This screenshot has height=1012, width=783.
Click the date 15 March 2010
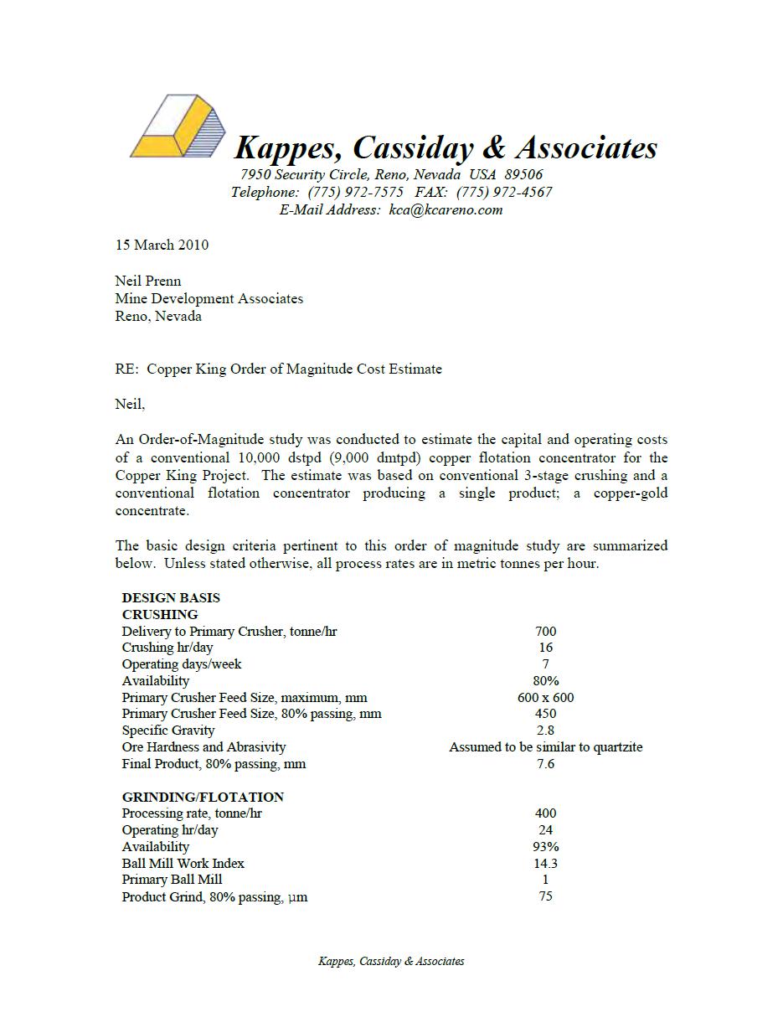(x=162, y=245)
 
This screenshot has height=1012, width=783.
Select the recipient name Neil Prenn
(x=148, y=281)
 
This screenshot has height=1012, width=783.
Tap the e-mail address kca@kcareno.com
(x=446, y=210)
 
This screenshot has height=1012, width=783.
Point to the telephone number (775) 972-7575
(x=355, y=193)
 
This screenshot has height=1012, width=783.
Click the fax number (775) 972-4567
(x=504, y=193)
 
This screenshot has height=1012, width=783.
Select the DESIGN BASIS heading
(x=171, y=598)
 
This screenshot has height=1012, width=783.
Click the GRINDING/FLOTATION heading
(x=203, y=797)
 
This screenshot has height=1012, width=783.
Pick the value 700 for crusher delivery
(x=545, y=632)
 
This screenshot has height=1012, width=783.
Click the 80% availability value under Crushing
(x=545, y=681)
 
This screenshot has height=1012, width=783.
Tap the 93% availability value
(x=545, y=847)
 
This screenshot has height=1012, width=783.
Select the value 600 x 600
(x=545, y=698)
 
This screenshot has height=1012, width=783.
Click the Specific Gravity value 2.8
(x=545, y=731)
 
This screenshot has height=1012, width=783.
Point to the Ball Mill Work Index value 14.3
(x=545, y=864)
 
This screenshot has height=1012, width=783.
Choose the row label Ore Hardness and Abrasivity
(x=203, y=747)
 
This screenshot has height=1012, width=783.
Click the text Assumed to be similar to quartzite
(x=545, y=747)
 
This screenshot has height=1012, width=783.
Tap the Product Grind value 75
(x=545, y=896)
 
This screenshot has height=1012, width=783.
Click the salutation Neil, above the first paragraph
(x=130, y=405)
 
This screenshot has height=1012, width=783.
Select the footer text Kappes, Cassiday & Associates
(x=391, y=962)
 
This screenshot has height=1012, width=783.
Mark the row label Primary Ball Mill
(x=172, y=880)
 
